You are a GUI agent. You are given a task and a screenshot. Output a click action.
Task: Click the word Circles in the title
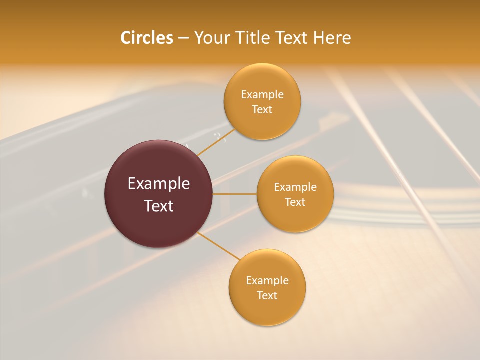(x=146, y=38)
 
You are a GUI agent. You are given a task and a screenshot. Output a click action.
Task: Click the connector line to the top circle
(x=215, y=142)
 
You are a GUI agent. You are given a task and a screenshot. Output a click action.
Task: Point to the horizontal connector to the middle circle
(x=234, y=194)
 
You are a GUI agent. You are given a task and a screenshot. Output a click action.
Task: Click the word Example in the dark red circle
(x=159, y=184)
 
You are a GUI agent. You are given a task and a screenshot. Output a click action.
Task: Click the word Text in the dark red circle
(x=159, y=206)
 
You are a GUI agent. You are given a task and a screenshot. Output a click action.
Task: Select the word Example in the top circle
(x=262, y=95)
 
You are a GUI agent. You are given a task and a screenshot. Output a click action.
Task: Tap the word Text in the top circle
(x=262, y=110)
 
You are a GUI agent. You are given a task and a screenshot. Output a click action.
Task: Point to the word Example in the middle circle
(x=295, y=187)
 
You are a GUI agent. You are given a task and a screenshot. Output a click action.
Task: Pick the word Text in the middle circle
(x=295, y=202)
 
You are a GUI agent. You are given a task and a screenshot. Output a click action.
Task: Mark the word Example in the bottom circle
(x=267, y=281)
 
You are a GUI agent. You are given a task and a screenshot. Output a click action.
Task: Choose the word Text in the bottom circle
(x=267, y=296)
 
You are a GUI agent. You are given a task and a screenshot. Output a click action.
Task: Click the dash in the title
(x=183, y=38)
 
